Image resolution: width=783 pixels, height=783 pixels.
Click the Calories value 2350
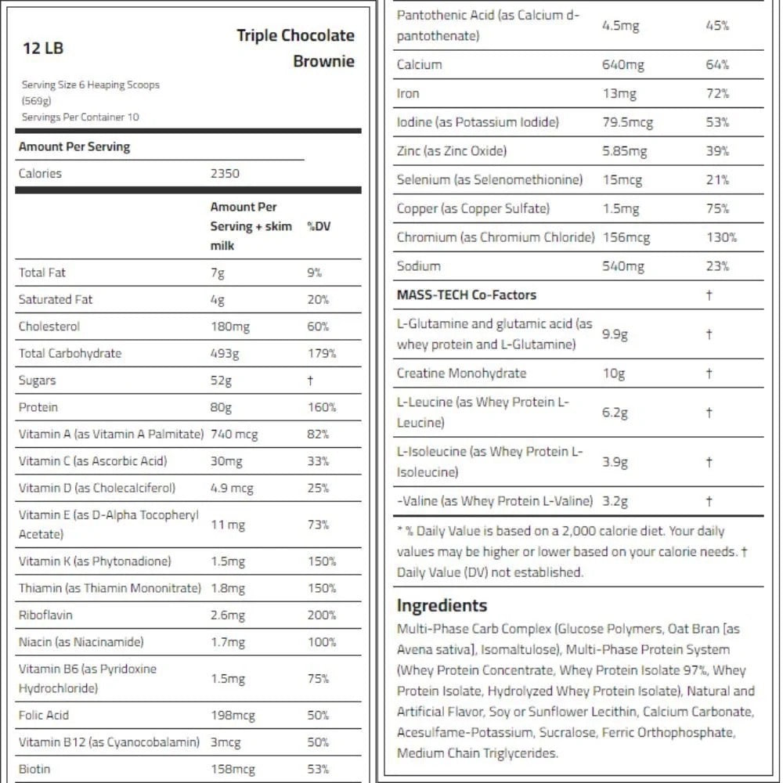(225, 174)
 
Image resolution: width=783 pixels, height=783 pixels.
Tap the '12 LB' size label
(43, 49)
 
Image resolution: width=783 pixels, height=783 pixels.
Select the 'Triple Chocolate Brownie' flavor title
(296, 48)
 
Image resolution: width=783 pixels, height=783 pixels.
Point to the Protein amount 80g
(221, 407)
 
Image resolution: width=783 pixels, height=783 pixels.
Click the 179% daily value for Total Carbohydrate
(321, 354)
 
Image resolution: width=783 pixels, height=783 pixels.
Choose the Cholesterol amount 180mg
(229, 327)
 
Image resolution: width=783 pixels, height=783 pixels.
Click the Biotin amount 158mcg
(233, 769)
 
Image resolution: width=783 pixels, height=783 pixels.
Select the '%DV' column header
(319, 226)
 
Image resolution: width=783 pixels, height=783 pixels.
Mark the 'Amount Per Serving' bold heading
(74, 147)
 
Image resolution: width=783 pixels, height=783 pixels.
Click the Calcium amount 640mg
(622, 65)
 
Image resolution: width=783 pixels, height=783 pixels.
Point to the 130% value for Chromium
(721, 237)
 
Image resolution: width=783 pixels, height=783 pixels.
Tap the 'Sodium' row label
(418, 266)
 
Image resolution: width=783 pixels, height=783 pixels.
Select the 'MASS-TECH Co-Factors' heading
(467, 295)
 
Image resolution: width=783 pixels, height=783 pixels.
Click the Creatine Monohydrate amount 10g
(613, 373)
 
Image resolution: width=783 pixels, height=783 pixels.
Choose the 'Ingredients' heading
(442, 605)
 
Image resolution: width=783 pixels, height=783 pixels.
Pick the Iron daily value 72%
(717, 94)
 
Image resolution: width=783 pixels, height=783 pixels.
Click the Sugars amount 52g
(221, 381)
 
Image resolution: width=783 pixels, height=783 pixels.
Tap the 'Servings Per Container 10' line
(80, 117)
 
